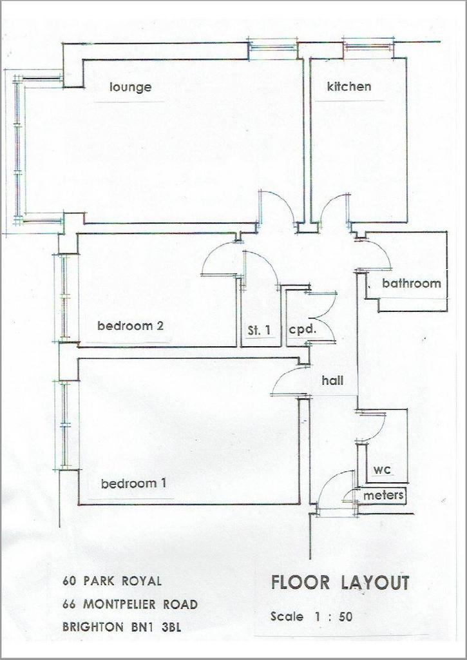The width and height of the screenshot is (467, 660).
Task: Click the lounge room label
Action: (130, 88)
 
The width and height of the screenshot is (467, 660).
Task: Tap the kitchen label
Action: (349, 86)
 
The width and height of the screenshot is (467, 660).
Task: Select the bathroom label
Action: (412, 284)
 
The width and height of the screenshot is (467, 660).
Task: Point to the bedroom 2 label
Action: (130, 325)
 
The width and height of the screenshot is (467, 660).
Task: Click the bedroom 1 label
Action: (134, 483)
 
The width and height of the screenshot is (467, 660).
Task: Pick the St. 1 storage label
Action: (259, 331)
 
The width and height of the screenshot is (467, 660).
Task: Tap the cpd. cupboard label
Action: (302, 329)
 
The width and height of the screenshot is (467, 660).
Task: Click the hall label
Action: (332, 381)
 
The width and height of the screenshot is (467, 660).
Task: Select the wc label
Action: (383, 470)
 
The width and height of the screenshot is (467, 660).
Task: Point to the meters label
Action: (383, 496)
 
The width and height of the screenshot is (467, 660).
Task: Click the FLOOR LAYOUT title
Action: (340, 583)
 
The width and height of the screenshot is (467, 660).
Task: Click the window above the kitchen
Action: (368, 46)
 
